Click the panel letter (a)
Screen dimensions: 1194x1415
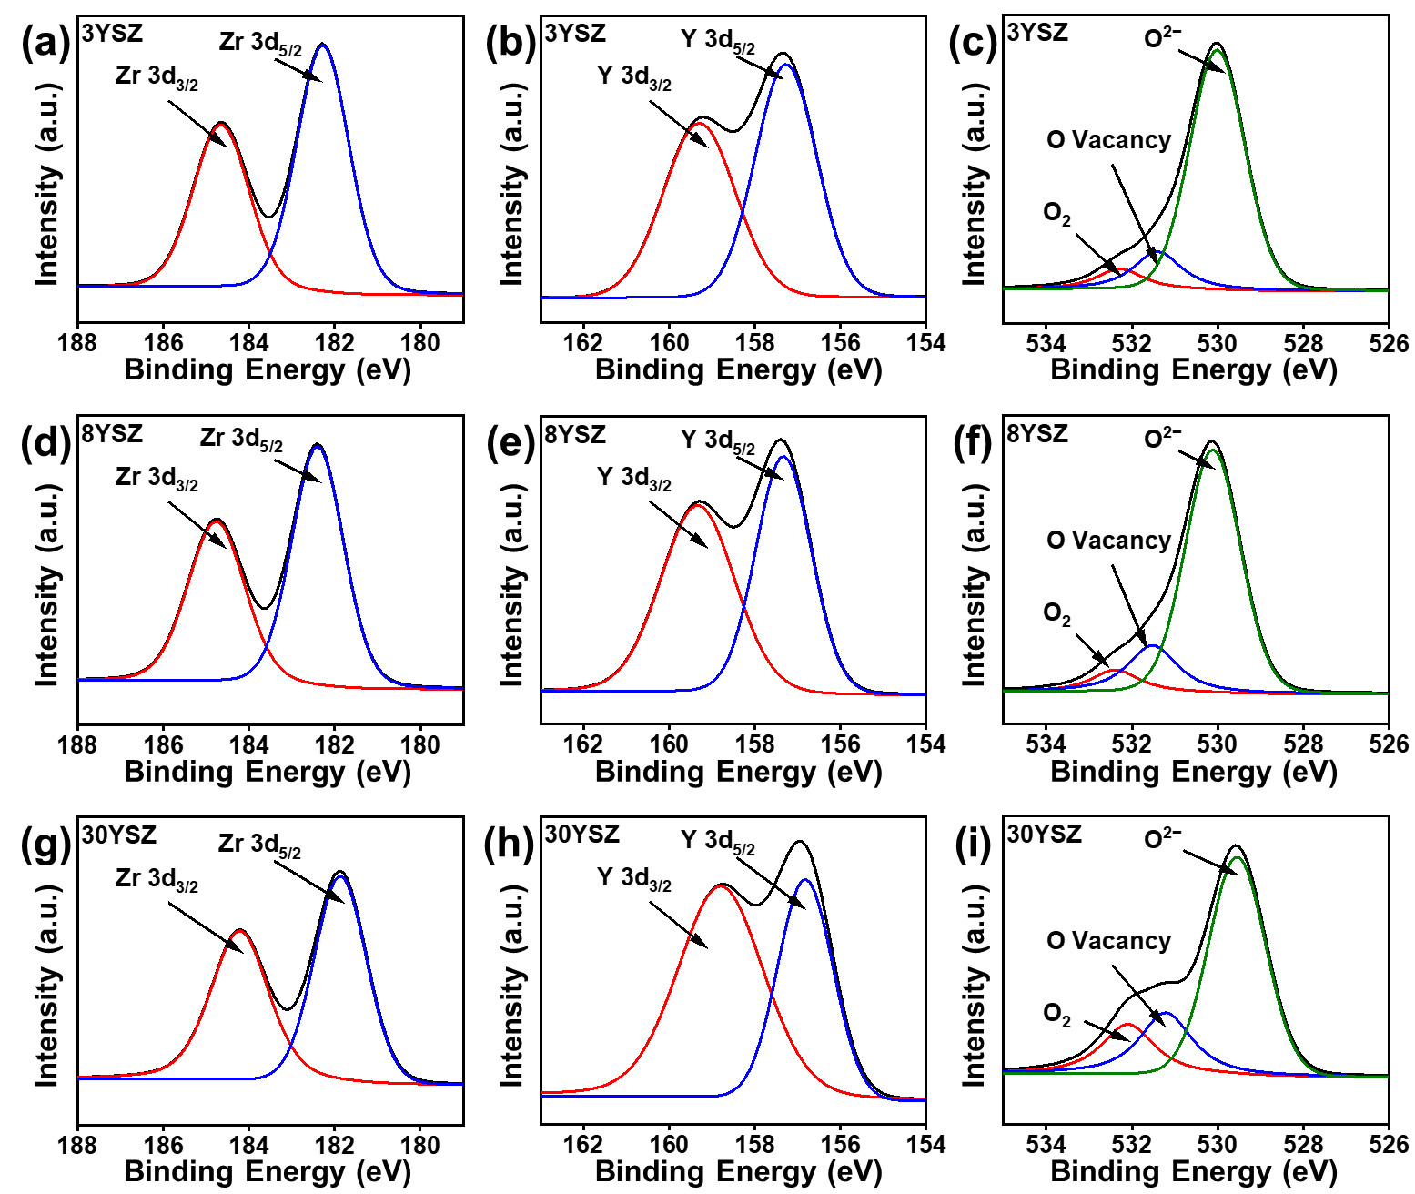pos(45,43)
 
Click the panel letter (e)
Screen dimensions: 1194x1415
pos(510,443)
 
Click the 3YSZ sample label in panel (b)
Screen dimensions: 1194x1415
pos(575,34)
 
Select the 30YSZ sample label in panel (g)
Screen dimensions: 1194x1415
pos(119,835)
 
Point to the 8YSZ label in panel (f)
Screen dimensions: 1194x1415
pos(1037,434)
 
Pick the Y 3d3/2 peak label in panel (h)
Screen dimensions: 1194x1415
pos(633,879)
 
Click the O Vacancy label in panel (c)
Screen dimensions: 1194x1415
pos(1108,140)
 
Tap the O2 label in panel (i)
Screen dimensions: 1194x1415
pos(1056,1015)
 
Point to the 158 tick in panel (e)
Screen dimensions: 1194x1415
pos(754,744)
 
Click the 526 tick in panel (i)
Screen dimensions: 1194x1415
pos(1389,1145)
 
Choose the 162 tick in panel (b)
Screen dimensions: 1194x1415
pos(583,343)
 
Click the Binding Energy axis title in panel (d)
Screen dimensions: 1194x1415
pos(268,772)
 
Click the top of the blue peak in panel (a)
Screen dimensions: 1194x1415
pos(322,45)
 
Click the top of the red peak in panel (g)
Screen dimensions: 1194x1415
pos(239,930)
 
